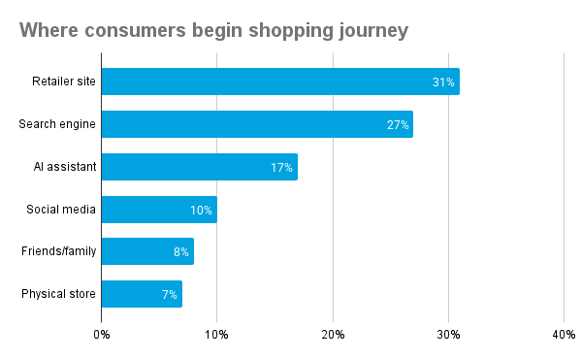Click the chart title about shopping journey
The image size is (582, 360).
tap(213, 30)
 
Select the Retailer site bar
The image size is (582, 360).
tap(280, 82)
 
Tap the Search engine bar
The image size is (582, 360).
tap(257, 124)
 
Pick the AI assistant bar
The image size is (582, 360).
tap(199, 167)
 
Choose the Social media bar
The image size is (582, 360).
tap(159, 210)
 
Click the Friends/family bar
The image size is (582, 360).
tap(147, 251)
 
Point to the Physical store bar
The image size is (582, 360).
tap(142, 294)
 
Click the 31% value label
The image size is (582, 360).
tap(443, 82)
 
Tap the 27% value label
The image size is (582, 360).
tap(398, 124)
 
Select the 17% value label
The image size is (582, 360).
tap(281, 167)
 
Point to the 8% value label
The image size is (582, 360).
tap(180, 251)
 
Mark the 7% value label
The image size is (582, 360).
tap(169, 294)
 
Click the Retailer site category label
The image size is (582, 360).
tap(64, 82)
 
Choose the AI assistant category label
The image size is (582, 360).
tap(64, 167)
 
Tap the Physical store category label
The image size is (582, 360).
tap(58, 294)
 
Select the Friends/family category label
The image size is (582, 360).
tap(58, 251)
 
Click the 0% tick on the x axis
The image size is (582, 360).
tap(102, 335)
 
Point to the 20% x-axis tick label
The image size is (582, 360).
tap(333, 335)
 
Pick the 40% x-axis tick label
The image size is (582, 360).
tap(564, 335)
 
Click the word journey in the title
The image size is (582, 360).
tap(372, 30)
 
